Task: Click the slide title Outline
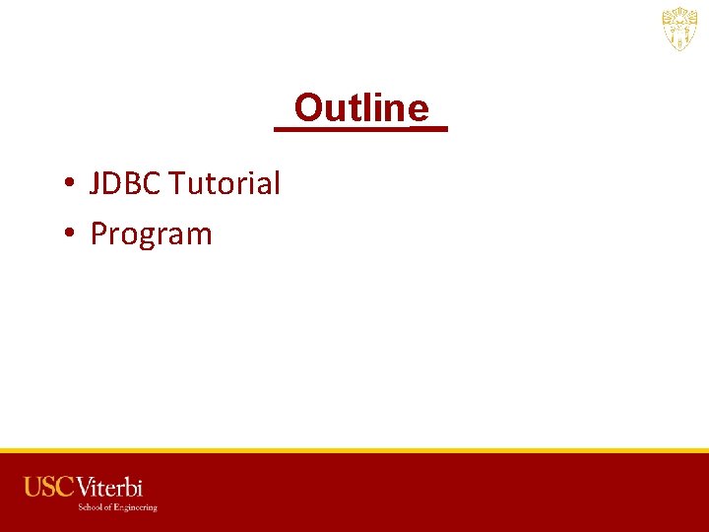361,107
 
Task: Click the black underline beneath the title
360,128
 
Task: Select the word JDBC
126,183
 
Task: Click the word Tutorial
225,183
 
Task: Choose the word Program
151,234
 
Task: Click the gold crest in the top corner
679,30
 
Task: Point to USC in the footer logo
49,487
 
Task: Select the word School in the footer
92,507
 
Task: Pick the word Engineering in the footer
135,507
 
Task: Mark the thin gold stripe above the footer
354,450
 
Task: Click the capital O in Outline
307,107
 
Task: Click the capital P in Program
98,234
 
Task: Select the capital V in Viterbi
85,487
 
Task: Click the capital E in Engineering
116,507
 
